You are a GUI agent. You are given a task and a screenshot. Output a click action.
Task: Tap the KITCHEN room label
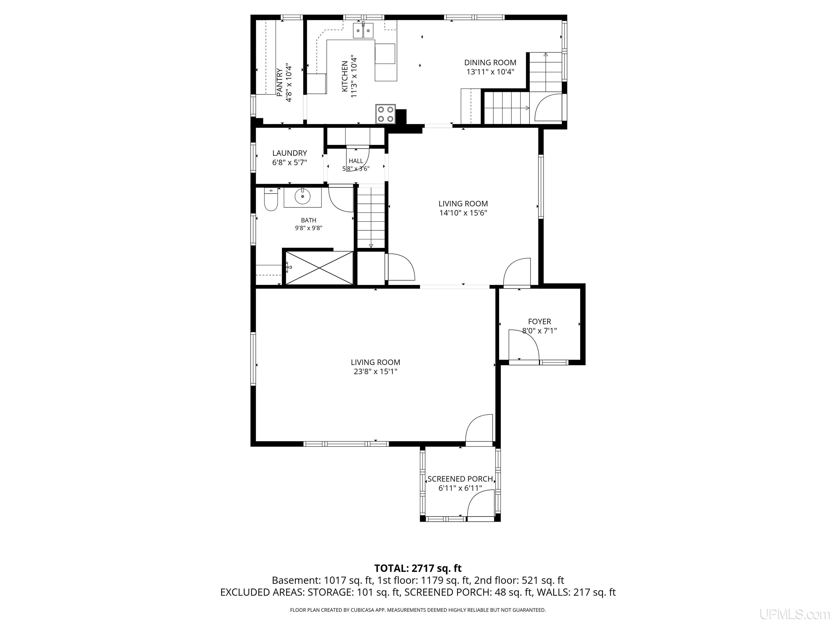[x=345, y=76]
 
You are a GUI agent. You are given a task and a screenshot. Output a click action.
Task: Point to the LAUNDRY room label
[x=290, y=153]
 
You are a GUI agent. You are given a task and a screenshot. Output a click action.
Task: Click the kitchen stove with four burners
[x=386, y=114]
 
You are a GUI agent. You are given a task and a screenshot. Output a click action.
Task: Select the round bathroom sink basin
[x=302, y=196]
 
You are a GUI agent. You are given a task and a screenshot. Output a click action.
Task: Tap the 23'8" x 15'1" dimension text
[x=375, y=371]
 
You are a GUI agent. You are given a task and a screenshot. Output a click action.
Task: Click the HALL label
[x=356, y=161]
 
